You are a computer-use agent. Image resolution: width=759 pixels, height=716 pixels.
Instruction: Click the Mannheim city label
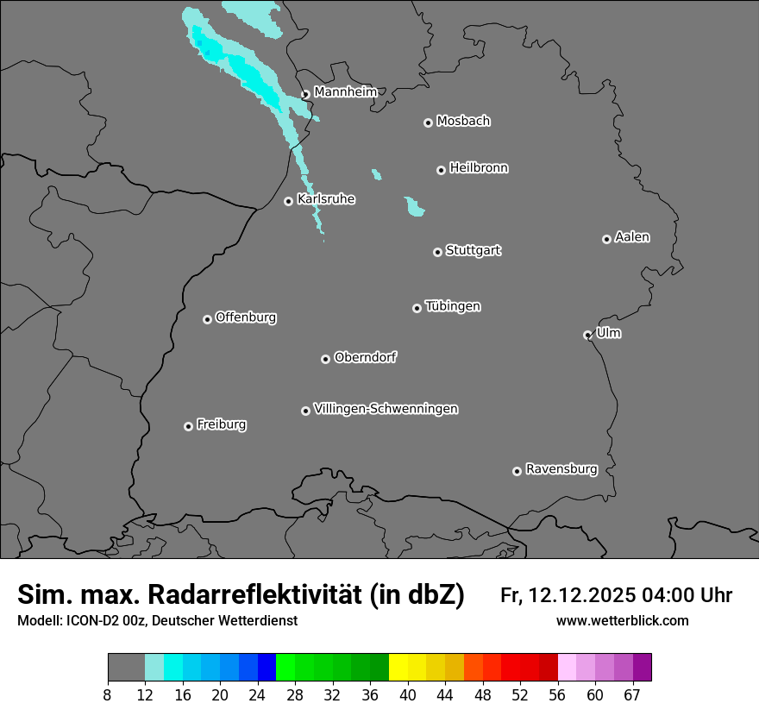coord(345,91)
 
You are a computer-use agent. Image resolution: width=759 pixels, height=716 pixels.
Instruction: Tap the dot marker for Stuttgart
coord(437,252)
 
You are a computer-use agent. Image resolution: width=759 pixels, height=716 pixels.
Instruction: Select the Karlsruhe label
coord(326,199)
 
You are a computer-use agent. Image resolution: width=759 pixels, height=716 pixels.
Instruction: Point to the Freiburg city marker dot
coord(188,426)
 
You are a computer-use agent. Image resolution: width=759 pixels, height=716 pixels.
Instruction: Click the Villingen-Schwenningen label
coord(386,409)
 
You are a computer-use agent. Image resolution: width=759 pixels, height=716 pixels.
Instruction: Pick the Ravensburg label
coord(561,469)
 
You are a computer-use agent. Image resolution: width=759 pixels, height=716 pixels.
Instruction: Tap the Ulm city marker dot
coord(587,335)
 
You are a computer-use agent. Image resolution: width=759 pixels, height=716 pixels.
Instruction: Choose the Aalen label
coord(632,237)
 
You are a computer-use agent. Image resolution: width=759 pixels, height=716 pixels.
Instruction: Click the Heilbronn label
coord(479,168)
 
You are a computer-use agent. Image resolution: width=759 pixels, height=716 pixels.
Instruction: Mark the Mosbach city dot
coord(428,122)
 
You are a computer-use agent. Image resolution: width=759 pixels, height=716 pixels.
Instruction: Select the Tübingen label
coord(453,306)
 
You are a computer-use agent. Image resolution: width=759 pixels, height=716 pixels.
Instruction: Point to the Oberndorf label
coord(366,357)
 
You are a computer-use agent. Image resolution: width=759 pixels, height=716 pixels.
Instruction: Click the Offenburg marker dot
coord(207,319)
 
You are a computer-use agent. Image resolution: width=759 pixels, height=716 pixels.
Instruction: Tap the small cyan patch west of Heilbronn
coord(376,174)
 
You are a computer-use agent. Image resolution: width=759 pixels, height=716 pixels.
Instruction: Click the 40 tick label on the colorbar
coord(408,695)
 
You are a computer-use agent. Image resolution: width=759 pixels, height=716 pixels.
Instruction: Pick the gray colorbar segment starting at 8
coord(126,668)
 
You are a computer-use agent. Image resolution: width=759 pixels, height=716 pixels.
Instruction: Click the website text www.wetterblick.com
coord(622,621)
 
